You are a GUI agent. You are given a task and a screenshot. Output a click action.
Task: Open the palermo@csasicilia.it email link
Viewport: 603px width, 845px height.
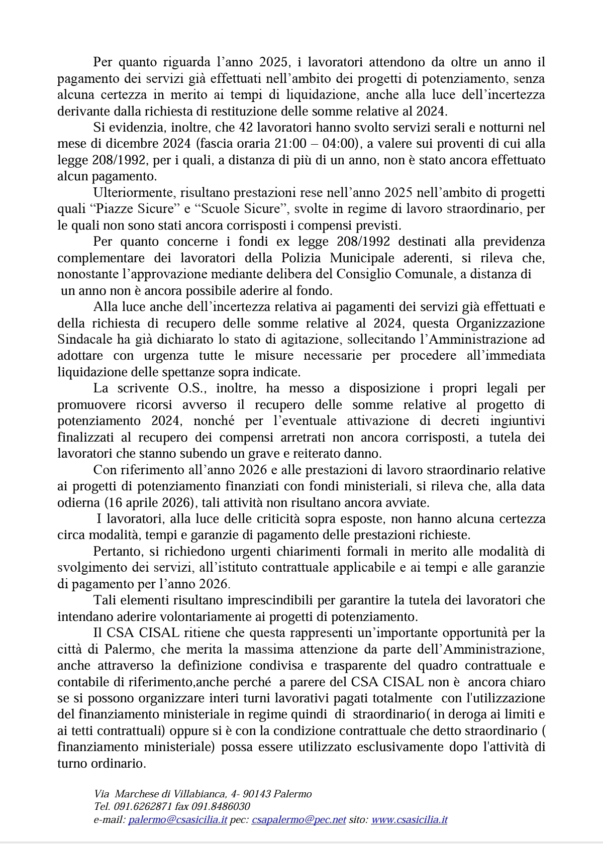coord(177,820)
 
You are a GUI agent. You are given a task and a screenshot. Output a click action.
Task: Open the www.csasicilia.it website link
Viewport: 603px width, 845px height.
coord(409,820)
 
